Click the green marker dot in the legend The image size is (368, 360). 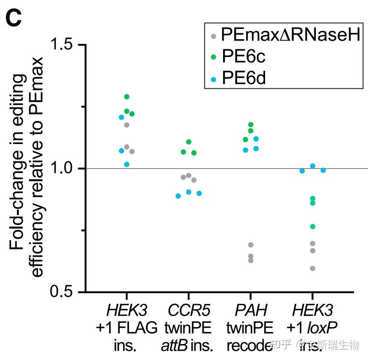pos(213,57)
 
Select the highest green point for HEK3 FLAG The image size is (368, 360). pos(127,97)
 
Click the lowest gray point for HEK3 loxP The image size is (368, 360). pos(312,268)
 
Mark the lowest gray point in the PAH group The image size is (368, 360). pos(251,260)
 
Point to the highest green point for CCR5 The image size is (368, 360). pos(188,142)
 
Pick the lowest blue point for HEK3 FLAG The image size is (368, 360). pos(127,164)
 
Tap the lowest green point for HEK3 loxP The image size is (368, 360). pos(312,227)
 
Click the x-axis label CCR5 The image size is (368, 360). pos(188,309)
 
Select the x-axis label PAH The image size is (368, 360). pos(250,309)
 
